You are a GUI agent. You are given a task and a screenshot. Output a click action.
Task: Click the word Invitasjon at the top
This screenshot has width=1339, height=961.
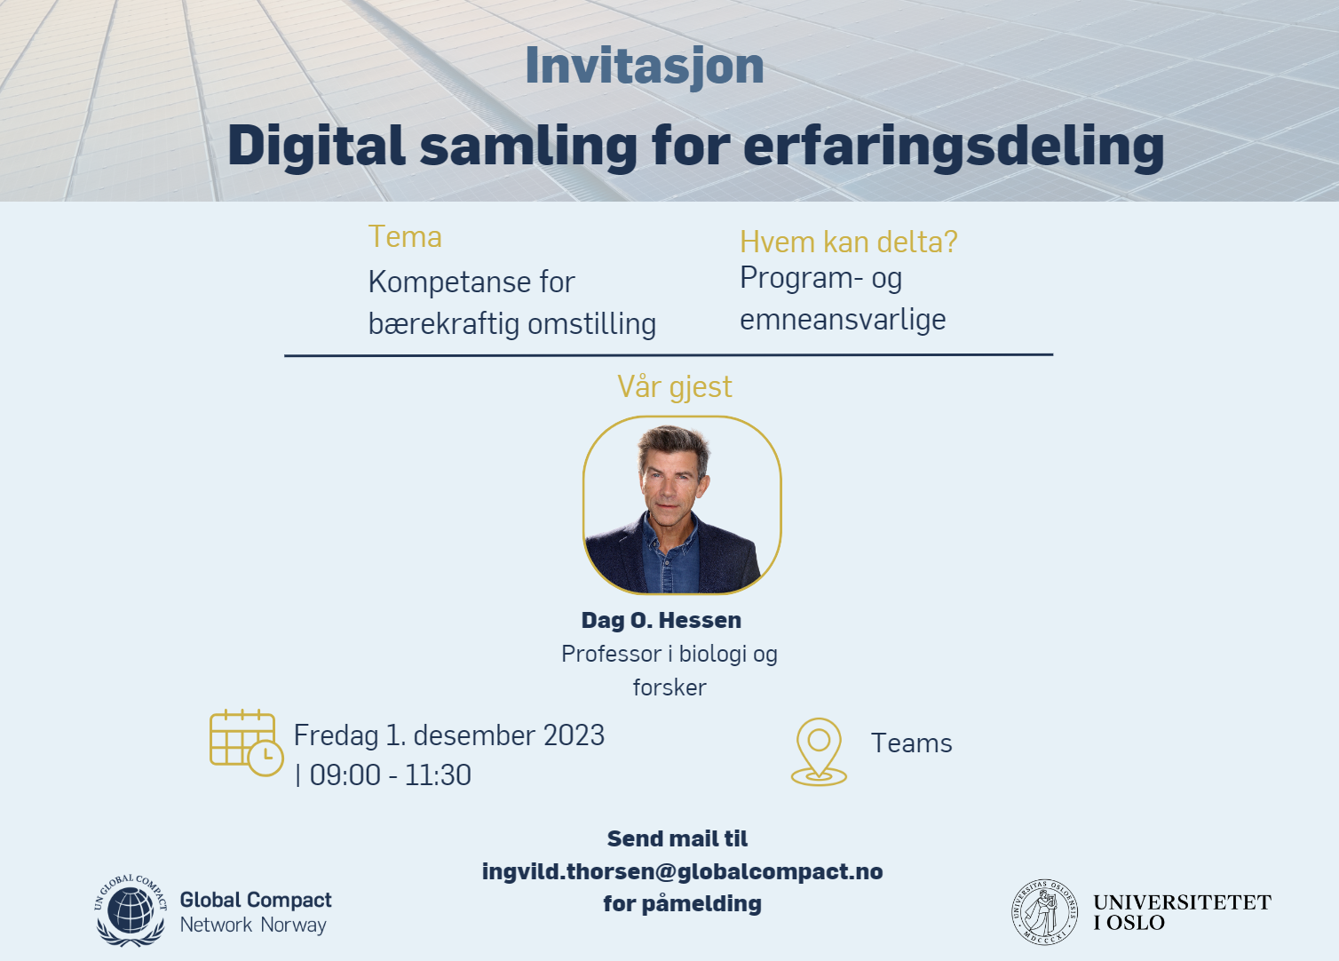[x=645, y=67]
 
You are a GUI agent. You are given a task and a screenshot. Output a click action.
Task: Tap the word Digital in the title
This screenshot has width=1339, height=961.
[x=316, y=147]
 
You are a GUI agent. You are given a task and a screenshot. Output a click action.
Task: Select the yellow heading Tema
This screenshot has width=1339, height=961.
[x=405, y=237]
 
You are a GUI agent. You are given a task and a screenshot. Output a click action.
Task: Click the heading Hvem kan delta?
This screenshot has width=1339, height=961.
[x=849, y=242]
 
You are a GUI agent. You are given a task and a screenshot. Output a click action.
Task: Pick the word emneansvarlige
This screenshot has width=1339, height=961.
[x=843, y=320]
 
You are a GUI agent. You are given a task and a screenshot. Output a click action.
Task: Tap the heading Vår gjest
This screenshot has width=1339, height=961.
[x=674, y=387]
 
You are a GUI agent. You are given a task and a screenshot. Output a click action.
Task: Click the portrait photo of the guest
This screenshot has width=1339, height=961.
[x=682, y=505]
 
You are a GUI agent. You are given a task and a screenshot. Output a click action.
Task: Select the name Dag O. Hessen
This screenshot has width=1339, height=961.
[x=662, y=620]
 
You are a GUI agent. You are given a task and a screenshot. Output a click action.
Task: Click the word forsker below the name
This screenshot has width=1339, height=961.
[x=669, y=687]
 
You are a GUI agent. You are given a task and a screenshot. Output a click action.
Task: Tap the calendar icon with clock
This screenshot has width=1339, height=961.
[x=246, y=743]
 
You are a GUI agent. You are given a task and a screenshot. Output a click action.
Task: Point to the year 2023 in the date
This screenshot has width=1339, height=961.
[x=574, y=735]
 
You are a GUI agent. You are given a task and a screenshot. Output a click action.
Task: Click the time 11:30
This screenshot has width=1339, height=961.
[x=438, y=775]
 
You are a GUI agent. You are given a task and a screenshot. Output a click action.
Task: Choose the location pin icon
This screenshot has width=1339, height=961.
[x=819, y=751]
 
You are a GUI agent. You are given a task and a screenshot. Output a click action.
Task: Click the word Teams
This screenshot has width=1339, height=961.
[x=912, y=743]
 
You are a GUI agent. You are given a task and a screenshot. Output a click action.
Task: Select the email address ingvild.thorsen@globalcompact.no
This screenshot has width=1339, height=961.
[x=682, y=872]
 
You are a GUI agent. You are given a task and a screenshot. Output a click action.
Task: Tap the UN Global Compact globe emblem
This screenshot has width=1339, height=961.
[x=131, y=909]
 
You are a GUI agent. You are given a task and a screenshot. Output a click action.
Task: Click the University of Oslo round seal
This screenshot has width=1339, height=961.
[x=1044, y=912]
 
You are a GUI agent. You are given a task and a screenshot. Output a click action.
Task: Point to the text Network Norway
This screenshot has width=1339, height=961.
[x=253, y=925]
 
